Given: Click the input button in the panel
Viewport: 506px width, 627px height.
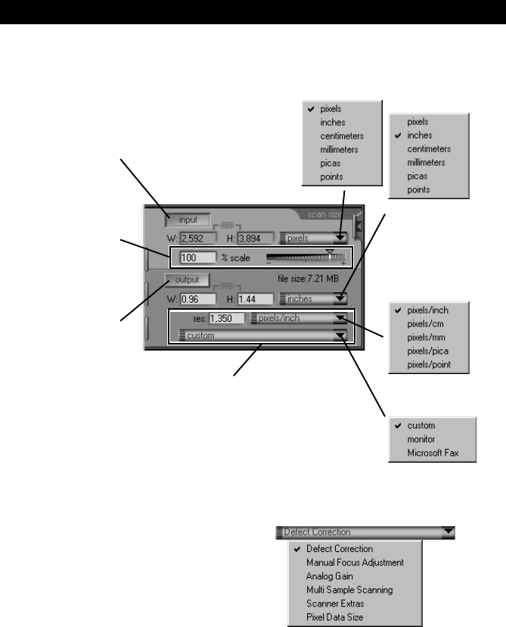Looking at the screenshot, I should [183, 220].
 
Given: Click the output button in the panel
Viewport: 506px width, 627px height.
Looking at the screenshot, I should [182, 279].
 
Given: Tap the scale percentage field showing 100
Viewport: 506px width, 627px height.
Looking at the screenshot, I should [193, 257].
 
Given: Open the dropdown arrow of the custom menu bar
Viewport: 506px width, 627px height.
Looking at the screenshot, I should [341, 335].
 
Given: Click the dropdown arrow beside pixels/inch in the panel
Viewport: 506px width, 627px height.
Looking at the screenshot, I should [341, 319].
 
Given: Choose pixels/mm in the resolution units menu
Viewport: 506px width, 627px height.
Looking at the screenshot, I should [426, 337].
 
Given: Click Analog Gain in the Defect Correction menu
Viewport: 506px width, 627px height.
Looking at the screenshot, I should [329, 576].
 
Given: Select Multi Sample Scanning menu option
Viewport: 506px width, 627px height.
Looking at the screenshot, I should [350, 589].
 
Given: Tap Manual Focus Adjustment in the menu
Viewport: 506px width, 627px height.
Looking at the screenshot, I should [355, 562].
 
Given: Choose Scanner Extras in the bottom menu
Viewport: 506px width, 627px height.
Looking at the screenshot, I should [335, 603].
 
